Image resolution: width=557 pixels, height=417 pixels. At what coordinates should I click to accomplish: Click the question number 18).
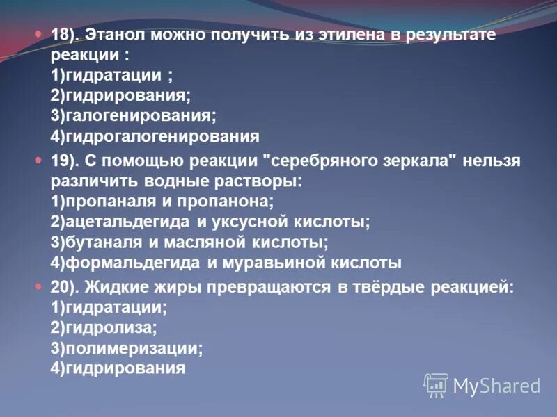66,35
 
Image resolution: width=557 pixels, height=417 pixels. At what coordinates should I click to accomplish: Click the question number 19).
66,161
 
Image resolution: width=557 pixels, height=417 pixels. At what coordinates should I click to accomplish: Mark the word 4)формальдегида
125,262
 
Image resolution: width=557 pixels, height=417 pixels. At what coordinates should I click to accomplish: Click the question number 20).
66,288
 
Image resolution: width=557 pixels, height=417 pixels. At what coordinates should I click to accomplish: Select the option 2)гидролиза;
104,328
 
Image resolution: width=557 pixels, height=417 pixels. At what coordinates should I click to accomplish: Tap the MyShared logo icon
436,384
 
